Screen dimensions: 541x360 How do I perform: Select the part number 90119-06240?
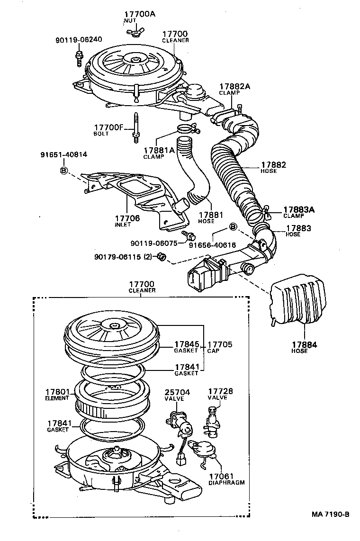(x=79, y=40)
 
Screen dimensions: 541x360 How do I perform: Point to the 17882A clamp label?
(x=234, y=86)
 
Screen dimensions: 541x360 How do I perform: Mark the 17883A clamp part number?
(x=299, y=209)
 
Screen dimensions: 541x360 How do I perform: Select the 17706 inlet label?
(x=127, y=218)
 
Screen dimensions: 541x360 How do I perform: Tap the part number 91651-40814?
(x=63, y=154)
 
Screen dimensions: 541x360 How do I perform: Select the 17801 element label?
(x=57, y=392)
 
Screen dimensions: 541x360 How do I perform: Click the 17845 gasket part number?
(x=186, y=344)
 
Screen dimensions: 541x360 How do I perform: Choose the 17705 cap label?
(x=220, y=344)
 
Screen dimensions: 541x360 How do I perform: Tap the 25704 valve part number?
(x=176, y=392)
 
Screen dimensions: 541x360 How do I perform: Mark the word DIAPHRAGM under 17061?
(x=226, y=483)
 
